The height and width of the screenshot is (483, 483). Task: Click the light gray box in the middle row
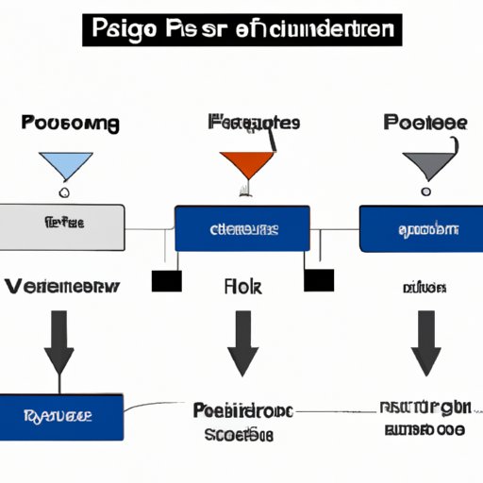(x=62, y=225)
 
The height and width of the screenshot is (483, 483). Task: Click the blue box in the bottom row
(x=62, y=414)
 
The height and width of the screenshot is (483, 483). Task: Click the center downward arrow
(x=242, y=344)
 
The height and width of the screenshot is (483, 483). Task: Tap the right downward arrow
(x=425, y=344)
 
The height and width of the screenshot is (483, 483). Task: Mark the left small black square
(x=166, y=280)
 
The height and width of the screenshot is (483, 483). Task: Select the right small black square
(x=319, y=280)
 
